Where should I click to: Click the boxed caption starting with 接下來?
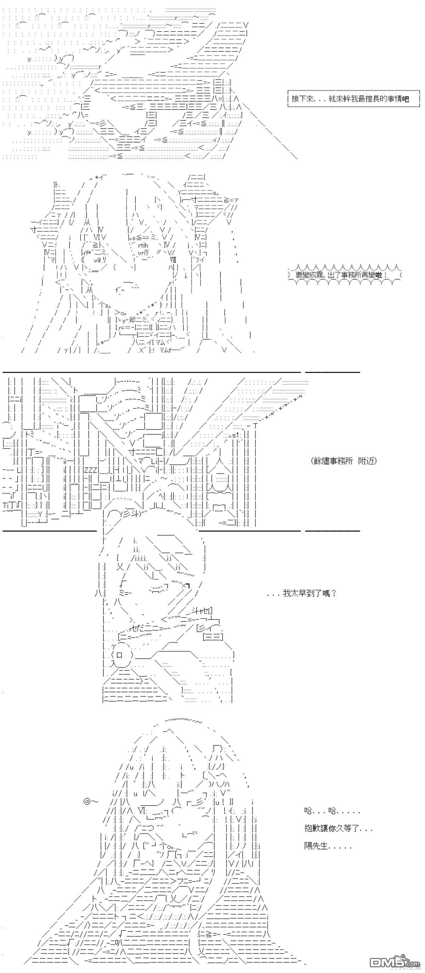point(353,99)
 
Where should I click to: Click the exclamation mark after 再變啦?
point(385,275)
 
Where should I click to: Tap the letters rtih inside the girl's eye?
point(143,246)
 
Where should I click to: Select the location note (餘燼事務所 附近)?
point(344,461)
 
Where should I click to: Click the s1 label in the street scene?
point(236,435)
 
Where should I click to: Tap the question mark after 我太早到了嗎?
point(334,593)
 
